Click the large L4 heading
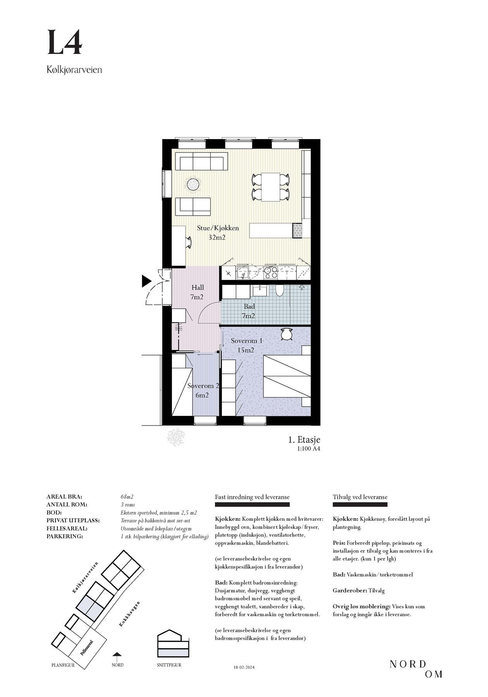tap(65, 43)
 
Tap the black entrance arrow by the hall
tap(146, 281)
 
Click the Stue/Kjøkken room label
tap(217, 232)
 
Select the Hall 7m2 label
tap(197, 292)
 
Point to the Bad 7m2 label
tap(249, 311)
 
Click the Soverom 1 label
tap(246, 345)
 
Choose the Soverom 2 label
tap(203, 390)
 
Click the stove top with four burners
tap(270, 273)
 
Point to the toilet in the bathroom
tap(280, 290)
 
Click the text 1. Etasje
tap(304, 440)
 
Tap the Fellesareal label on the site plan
tap(87, 647)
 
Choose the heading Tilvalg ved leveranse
tap(360, 497)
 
